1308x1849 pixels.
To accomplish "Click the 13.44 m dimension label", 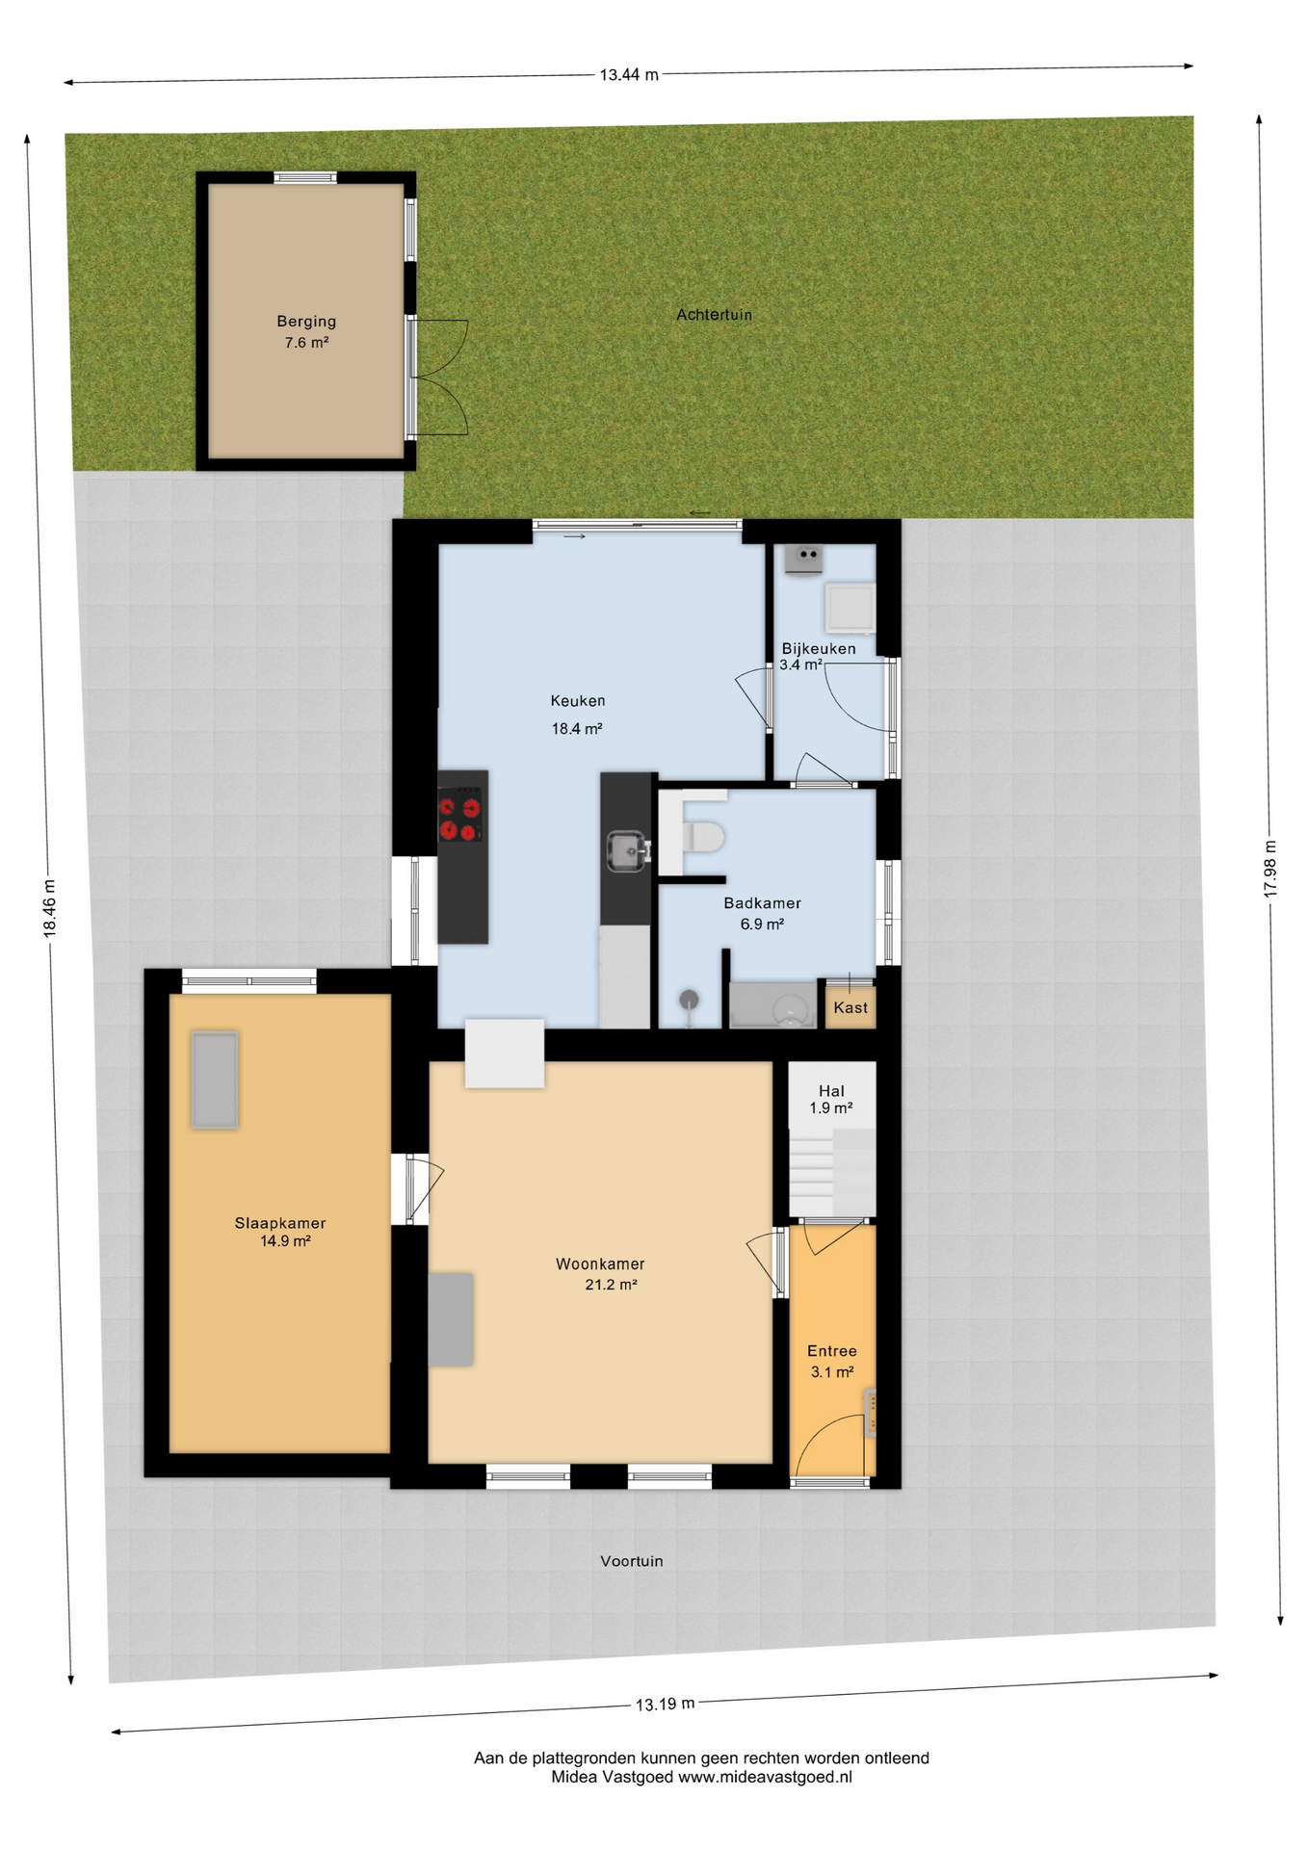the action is (x=629, y=74).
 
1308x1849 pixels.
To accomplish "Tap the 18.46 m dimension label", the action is (x=50, y=907).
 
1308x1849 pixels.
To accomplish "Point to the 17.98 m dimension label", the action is (x=1270, y=870).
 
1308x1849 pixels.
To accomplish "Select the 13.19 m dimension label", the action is (x=665, y=1704).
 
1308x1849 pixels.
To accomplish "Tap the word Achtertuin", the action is (x=714, y=315).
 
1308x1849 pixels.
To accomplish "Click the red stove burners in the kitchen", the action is (x=460, y=820).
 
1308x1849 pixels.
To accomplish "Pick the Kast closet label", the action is (x=850, y=1007).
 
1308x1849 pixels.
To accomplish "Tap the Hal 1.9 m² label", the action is (x=831, y=1099).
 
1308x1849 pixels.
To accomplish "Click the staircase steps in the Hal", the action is (x=832, y=1172).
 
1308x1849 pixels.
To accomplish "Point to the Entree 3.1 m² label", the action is (x=832, y=1361).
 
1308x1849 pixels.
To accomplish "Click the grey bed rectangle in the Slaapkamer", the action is (x=214, y=1080).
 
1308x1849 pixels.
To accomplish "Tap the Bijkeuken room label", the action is (x=818, y=649).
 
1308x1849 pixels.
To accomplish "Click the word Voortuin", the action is (x=632, y=1561).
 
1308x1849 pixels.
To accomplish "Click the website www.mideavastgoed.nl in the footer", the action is (x=765, y=1777).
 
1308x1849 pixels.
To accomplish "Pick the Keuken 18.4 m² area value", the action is (x=577, y=729).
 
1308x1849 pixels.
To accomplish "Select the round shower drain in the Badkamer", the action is (x=689, y=1000).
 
